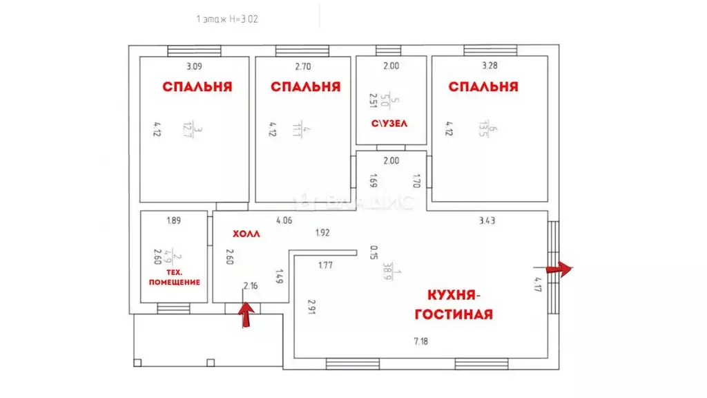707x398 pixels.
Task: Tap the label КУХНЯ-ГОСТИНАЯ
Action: pyautogui.click(x=453, y=305)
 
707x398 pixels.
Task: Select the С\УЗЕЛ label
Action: pyautogui.click(x=391, y=124)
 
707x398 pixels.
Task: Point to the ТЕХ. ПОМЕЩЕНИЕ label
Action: pyautogui.click(x=174, y=277)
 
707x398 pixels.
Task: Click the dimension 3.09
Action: pyautogui.click(x=195, y=67)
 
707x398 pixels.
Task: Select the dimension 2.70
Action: pyautogui.click(x=303, y=67)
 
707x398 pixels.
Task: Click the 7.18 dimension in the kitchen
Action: pyautogui.click(x=420, y=342)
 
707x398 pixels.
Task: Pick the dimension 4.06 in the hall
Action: pyautogui.click(x=284, y=221)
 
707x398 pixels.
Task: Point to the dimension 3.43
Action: pyautogui.click(x=488, y=221)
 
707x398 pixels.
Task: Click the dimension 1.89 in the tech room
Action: pyautogui.click(x=173, y=221)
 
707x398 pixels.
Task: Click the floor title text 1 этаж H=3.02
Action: pyautogui.click(x=227, y=20)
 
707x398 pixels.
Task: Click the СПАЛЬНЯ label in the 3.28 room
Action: pyautogui.click(x=483, y=87)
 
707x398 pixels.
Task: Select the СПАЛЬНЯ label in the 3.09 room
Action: pyautogui.click(x=197, y=87)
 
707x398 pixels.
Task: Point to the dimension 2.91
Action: pyautogui.click(x=312, y=307)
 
